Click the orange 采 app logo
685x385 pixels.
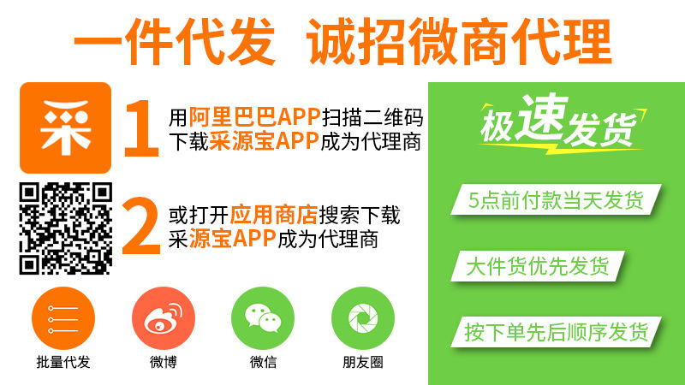point(65,127)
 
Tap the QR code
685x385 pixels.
point(65,228)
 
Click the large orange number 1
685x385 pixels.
point(140,129)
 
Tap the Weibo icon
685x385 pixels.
point(164,317)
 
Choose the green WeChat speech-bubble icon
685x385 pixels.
point(263,317)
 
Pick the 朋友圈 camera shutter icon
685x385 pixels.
point(363,317)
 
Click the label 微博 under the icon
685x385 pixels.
point(164,362)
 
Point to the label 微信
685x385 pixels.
point(263,362)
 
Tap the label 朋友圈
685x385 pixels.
point(363,362)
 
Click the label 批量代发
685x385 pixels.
point(63,362)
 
